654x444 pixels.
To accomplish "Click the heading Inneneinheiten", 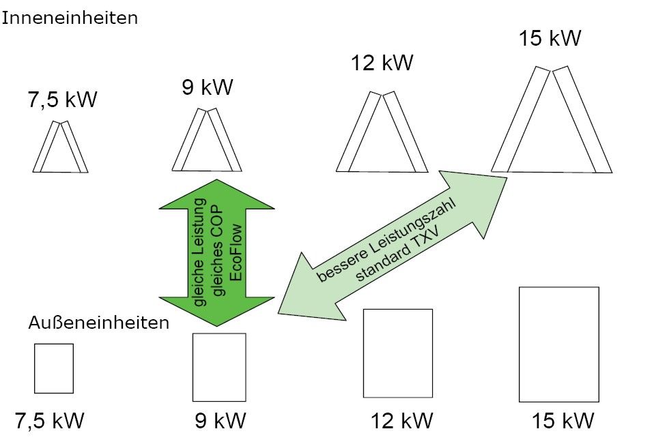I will [x=70, y=18].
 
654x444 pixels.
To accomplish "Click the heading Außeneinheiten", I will [x=99, y=323].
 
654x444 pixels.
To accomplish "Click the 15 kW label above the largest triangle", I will [x=550, y=38].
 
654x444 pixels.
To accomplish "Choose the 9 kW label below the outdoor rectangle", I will [x=220, y=420].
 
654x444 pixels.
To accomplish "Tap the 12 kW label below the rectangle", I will [x=402, y=421].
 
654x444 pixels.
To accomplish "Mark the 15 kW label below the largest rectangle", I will [x=563, y=421].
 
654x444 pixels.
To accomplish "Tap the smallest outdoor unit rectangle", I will [x=54, y=368].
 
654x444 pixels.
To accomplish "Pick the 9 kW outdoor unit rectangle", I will [x=219, y=367].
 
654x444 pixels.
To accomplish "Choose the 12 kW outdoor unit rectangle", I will [x=398, y=353].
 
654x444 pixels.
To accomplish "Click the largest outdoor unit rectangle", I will [x=559, y=344].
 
